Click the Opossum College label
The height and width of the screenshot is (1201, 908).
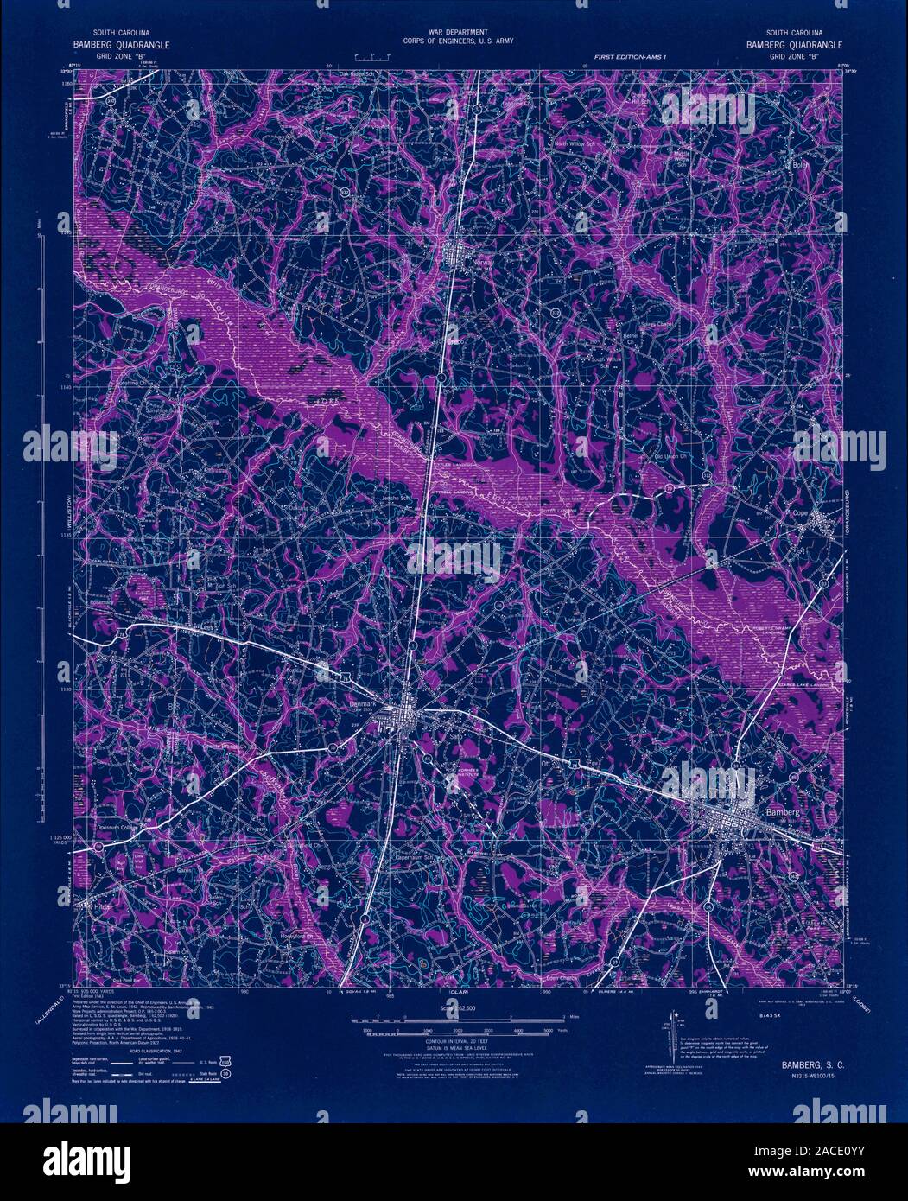pos(111,822)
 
